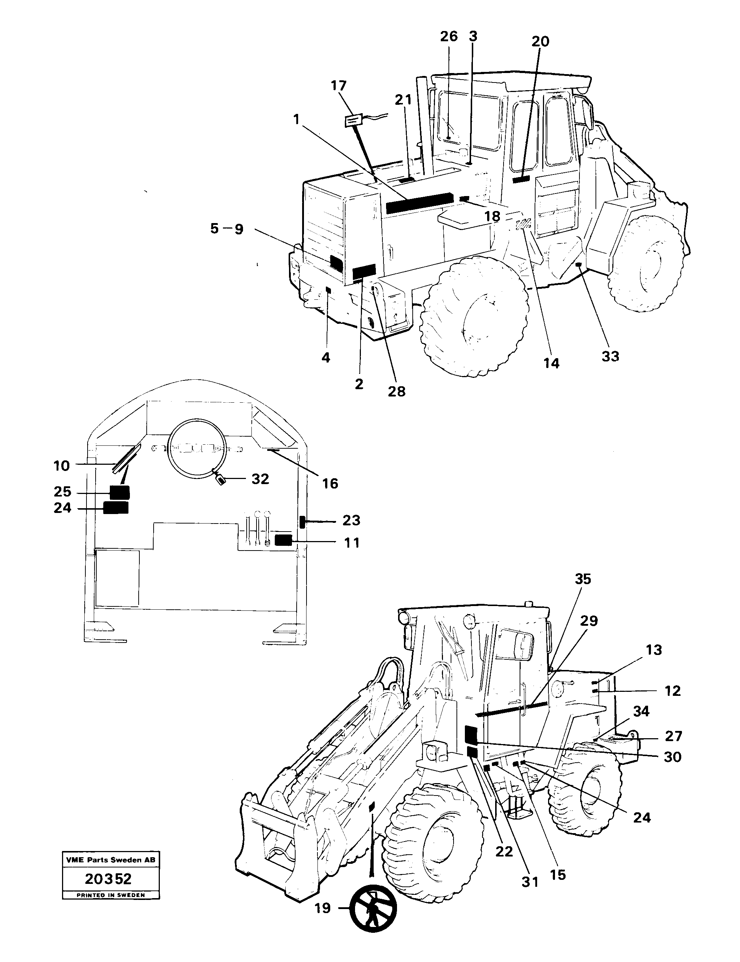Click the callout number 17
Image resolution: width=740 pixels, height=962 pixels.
(339, 85)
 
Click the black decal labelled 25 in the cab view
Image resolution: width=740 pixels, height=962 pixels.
(119, 493)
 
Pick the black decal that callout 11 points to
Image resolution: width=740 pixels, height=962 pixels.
(283, 540)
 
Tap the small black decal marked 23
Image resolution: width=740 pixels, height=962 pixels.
(302, 522)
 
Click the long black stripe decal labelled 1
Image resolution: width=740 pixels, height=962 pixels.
(419, 203)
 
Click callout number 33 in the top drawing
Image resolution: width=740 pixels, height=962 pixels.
(610, 356)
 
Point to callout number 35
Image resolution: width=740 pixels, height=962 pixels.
(583, 579)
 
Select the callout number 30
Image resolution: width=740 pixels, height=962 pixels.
(672, 757)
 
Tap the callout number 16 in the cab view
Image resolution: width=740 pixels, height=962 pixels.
(330, 484)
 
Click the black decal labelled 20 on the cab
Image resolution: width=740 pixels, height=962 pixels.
(521, 179)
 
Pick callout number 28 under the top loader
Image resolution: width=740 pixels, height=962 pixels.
(396, 391)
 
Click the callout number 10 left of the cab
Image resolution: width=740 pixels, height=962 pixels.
(62, 465)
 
